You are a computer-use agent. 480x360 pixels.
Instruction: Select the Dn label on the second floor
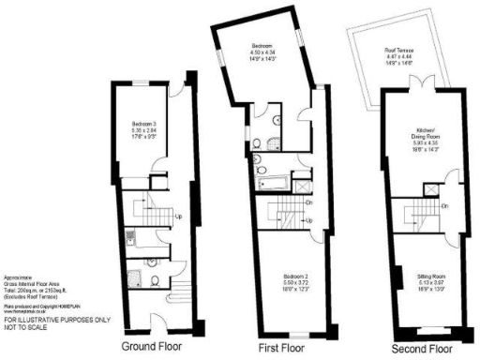point(443,205)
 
